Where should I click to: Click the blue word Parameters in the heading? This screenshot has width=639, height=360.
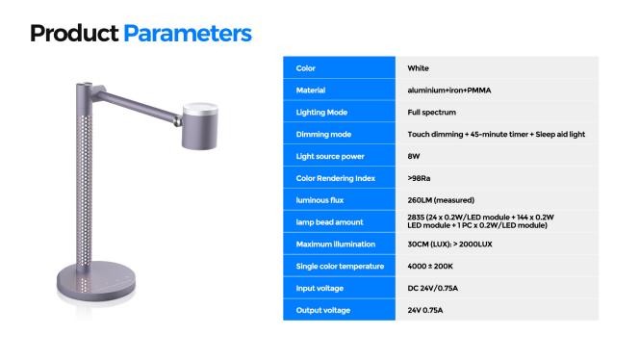pos(188,33)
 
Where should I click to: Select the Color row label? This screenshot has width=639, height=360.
pos(306,68)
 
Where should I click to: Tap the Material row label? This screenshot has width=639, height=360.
pos(311,90)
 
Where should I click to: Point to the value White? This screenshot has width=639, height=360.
pos(419,68)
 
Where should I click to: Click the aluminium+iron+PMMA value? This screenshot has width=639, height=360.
pos(450,90)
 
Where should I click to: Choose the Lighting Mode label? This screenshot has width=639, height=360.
pos(321,113)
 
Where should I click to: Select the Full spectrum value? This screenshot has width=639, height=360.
pos(432,113)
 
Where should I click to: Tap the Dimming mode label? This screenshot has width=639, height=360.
pos(323,134)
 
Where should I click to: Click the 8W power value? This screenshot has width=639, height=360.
pos(415,156)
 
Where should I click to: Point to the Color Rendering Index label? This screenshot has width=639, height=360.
pos(335,178)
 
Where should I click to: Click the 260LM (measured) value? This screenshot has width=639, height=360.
pos(442,200)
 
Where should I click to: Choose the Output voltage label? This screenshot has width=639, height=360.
pos(323,310)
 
